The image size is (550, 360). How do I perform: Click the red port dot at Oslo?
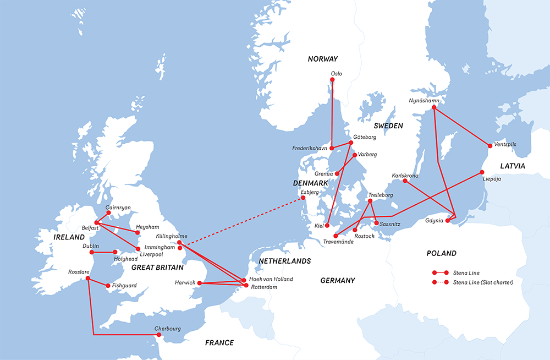tap(332, 80)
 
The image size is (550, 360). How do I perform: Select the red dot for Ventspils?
tap(490, 146)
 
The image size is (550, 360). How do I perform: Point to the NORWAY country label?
tap(323, 59)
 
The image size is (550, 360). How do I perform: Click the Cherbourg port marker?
tap(159, 334)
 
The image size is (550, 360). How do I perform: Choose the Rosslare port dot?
tap(87, 279)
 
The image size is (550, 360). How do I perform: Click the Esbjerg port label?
tap(310, 193)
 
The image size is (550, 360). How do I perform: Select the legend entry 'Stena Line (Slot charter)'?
tap(483, 282)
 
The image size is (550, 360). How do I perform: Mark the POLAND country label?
tap(442, 253)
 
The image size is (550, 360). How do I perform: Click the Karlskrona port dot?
tap(405, 181)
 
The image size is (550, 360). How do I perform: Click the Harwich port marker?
tap(200, 283)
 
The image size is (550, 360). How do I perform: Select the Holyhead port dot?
tap(115, 252)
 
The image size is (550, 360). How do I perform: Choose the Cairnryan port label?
tap(119, 208)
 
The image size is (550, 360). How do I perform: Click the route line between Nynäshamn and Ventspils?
tap(462, 127)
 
